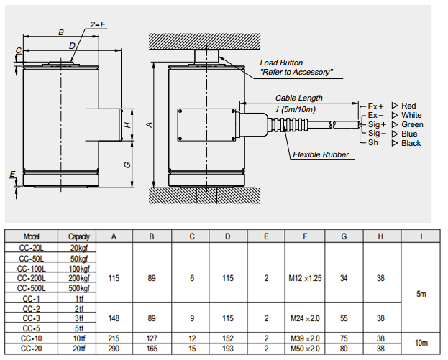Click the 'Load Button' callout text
click(282, 63)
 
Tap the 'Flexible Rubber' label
click(321, 154)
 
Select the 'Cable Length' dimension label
click(298, 98)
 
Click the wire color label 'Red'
click(409, 106)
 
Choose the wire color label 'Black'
click(411, 143)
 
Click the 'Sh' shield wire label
click(372, 143)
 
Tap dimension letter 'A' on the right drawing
click(149, 124)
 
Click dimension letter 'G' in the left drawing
click(127, 165)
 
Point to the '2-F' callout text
click(99, 25)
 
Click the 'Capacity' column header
click(79, 236)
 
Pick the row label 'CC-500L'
click(32, 288)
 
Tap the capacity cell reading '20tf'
click(79, 349)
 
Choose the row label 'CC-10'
click(32, 338)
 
